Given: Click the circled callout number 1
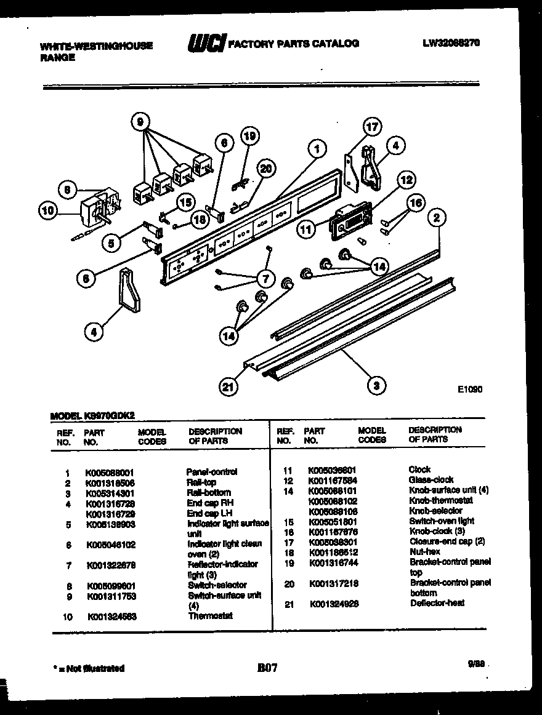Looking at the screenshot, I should (315, 149).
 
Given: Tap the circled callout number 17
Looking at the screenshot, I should (371, 128).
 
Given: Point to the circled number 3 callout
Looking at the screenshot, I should (376, 386).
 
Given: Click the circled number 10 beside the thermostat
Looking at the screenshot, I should (48, 211).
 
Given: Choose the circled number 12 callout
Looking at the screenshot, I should (405, 180).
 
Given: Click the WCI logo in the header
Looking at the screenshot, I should (206, 44).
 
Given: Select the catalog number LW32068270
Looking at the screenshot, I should (451, 43).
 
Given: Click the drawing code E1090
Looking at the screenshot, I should (469, 389).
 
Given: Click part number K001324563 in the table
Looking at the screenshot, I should (111, 617).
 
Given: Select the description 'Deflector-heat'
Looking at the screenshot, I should (437, 604).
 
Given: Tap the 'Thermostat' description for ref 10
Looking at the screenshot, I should (210, 616).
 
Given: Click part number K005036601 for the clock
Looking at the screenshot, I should (332, 469).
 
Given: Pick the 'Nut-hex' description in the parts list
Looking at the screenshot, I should (424, 552).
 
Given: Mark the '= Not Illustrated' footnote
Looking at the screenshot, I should (89, 668).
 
